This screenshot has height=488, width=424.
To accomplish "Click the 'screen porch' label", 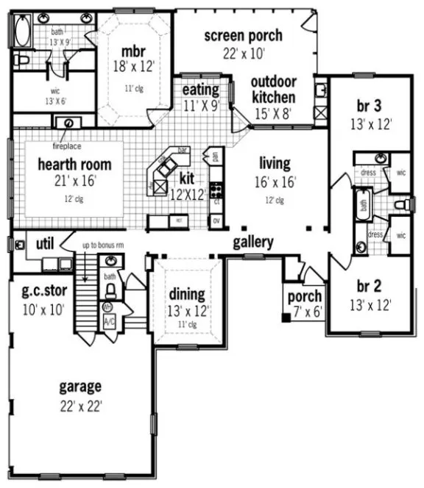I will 243,35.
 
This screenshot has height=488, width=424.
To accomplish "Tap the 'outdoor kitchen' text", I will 273,90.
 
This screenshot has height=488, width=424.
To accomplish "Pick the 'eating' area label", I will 201,90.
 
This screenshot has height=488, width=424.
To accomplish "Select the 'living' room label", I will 274,163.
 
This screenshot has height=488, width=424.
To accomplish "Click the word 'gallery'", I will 253,242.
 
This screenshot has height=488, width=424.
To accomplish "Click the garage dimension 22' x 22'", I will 81,405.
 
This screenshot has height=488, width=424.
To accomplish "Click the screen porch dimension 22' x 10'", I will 244,52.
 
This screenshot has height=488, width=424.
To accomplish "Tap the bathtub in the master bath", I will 21,32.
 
